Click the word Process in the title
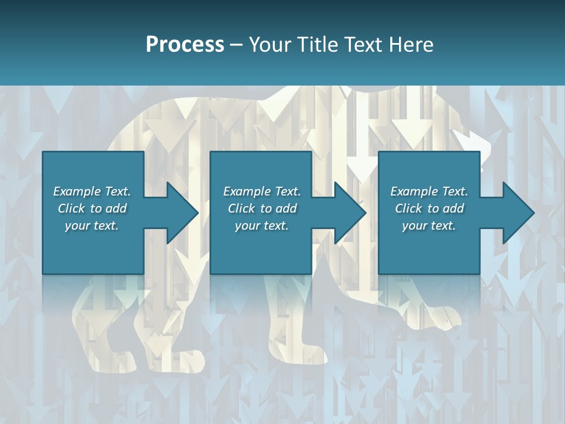click(x=185, y=44)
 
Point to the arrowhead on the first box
click(x=182, y=213)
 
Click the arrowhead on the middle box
click(x=350, y=213)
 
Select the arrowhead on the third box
click(x=518, y=213)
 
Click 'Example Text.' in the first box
click(x=92, y=191)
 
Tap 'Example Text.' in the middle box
click(x=262, y=191)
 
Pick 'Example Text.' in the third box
click(x=429, y=191)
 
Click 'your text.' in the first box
click(x=92, y=226)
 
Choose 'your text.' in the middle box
click(x=262, y=226)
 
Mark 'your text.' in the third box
click(x=429, y=226)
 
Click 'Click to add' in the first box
click(x=92, y=208)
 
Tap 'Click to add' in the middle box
click(x=262, y=208)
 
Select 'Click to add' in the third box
click(x=429, y=208)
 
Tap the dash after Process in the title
click(x=236, y=45)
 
